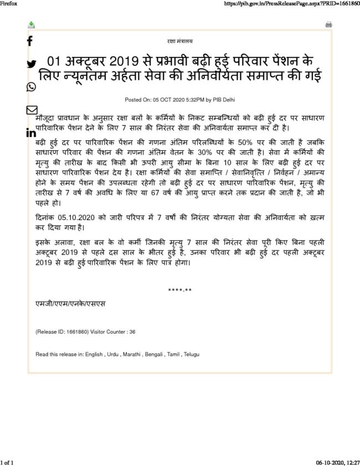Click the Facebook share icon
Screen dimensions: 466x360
point(30,40)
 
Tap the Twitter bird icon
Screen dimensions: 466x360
point(31,64)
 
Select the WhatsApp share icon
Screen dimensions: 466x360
point(31,86)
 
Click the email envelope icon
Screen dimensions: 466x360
point(32,110)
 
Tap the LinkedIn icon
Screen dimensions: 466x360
point(31,133)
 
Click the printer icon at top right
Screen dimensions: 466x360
point(328,25)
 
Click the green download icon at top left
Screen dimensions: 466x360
point(32,25)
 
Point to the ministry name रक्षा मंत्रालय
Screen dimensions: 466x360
point(180,42)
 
